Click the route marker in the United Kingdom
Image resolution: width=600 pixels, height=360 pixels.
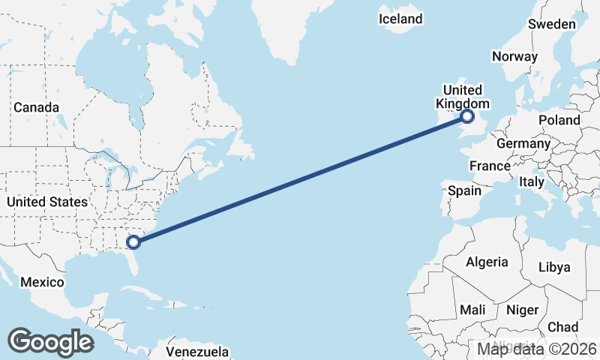[467, 116]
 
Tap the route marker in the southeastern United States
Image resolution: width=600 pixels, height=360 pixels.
[133, 241]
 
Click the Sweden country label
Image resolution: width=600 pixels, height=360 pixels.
[551, 24]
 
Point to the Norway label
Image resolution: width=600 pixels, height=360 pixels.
[514, 56]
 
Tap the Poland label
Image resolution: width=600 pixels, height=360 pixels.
[559, 120]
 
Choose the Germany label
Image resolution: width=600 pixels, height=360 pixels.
[523, 144]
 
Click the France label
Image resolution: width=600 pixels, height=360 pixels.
[489, 166]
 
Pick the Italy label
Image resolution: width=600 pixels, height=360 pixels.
[532, 181]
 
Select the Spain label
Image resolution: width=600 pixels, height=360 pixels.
[464, 190]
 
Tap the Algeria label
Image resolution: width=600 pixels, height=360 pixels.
[487, 262]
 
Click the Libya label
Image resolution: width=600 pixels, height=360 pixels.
[554, 267]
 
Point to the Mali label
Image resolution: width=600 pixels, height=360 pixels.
[472, 309]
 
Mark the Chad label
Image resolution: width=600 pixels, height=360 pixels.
[562, 327]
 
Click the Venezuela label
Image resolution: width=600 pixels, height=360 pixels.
[197, 351]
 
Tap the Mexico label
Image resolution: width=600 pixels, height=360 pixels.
[43, 282]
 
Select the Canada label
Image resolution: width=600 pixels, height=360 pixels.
[36, 108]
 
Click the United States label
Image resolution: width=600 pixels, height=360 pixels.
[46, 202]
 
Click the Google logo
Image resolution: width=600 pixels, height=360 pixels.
[50, 341]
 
